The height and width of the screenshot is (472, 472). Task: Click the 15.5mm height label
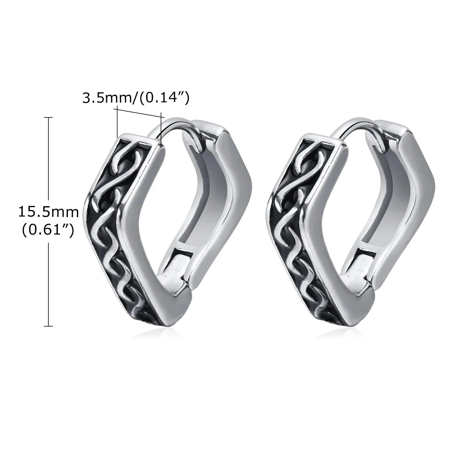pos(49,212)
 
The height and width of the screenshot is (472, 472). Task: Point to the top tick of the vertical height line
pos(48,117)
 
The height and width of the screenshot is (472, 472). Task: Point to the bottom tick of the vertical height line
pos(48,326)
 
